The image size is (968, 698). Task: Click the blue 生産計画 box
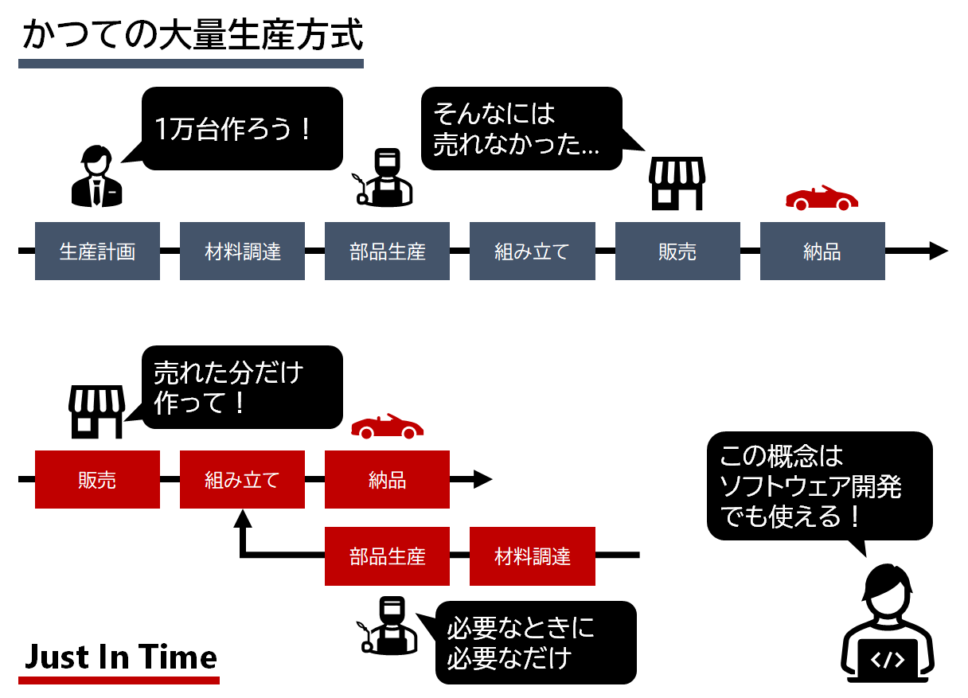pos(97,252)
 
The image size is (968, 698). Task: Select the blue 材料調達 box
pos(242,252)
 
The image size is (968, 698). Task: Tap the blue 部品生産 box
pos(387,252)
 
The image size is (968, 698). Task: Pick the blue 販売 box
pos(677,252)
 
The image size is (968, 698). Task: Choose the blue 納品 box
pos(822,252)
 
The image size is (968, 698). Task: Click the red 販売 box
pos(97,480)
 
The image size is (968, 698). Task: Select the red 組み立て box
pos(242,480)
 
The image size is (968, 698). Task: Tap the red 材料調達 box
pos(532,556)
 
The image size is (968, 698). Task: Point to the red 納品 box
pos(387,480)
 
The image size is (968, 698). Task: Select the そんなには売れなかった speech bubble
pos(521,128)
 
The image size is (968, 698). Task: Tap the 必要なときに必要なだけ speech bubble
pos(535,642)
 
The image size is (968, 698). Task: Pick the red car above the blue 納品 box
pos(822,197)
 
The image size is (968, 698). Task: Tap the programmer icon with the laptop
pos(888,629)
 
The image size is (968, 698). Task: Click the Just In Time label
pos(119,658)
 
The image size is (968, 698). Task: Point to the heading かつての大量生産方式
pos(191,36)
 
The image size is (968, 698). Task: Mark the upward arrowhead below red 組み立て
pos(243,518)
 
